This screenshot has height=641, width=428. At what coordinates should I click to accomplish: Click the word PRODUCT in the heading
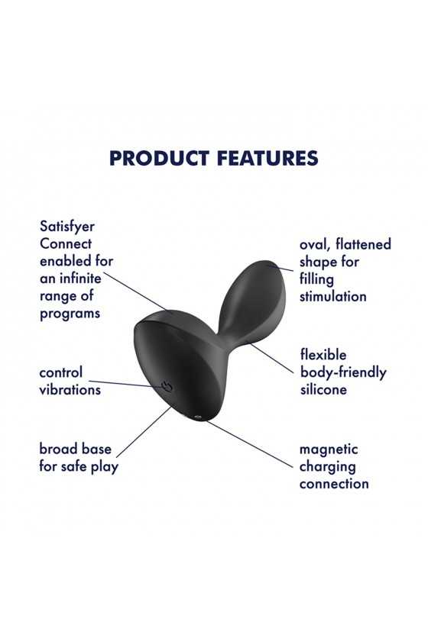pyautogui.click(x=160, y=158)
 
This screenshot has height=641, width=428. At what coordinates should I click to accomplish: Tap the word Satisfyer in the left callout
pyautogui.click(x=67, y=227)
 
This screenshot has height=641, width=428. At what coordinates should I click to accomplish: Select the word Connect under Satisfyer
pyautogui.click(x=66, y=243)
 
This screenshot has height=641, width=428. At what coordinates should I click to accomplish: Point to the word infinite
pyautogui.click(x=80, y=279)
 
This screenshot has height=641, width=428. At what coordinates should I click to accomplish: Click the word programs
pyautogui.click(x=70, y=314)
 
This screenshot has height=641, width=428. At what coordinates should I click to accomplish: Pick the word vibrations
pyautogui.click(x=70, y=390)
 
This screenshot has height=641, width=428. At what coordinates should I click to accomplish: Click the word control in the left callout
pyautogui.click(x=61, y=372)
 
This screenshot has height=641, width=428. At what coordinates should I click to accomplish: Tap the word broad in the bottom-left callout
pyautogui.click(x=55, y=449)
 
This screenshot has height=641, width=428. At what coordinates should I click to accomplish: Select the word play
pyautogui.click(x=105, y=467)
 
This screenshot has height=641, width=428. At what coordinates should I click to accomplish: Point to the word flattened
pyautogui.click(x=363, y=244)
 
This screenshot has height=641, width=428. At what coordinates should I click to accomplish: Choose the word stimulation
pyautogui.click(x=333, y=296)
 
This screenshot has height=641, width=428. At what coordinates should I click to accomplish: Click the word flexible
pyautogui.click(x=323, y=354)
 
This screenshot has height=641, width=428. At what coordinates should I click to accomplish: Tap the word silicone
pyautogui.click(x=323, y=389)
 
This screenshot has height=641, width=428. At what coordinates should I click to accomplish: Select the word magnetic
pyautogui.click(x=329, y=449)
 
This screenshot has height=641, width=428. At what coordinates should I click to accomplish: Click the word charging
pyautogui.click(x=327, y=467)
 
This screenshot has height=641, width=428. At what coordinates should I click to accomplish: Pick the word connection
pyautogui.click(x=334, y=484)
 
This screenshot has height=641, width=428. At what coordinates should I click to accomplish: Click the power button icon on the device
pyautogui.click(x=167, y=386)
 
